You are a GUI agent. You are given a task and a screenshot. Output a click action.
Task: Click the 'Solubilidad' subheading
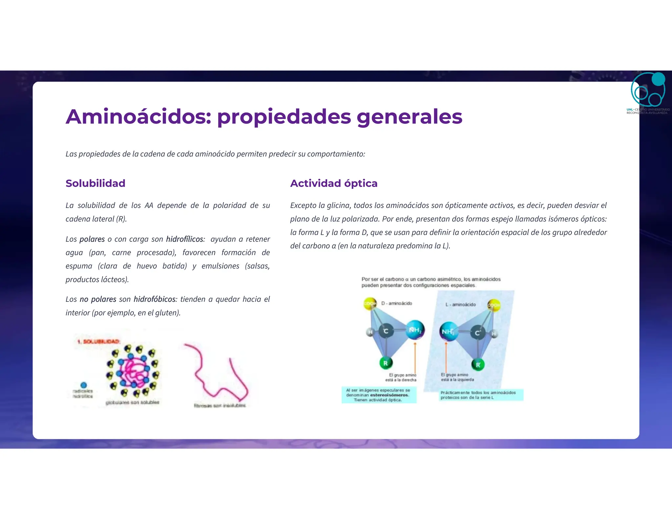click(95, 183)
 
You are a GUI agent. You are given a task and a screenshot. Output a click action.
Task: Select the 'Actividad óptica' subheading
click(334, 183)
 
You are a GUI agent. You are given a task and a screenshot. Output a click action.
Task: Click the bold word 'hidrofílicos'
click(185, 239)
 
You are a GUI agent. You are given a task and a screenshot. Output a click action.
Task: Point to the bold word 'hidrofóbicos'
click(155, 299)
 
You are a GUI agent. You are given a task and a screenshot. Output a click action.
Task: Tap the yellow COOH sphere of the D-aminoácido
click(370, 303)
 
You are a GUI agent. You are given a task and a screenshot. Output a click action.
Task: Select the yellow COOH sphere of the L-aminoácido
click(494, 305)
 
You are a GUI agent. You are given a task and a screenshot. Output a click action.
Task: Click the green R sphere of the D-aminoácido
click(386, 363)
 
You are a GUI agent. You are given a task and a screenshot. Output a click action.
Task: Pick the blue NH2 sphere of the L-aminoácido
click(448, 332)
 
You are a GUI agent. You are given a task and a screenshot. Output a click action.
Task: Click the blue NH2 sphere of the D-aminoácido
click(415, 330)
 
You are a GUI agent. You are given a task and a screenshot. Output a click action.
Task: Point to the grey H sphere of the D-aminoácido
click(370, 332)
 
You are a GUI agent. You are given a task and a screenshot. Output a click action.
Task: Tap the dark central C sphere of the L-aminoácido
click(477, 333)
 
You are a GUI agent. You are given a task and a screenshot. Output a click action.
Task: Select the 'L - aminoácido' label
click(460, 304)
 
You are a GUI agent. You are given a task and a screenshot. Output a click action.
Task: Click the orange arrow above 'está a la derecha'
click(415, 358)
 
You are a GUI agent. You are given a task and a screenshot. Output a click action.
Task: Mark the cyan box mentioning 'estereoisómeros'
click(379, 395)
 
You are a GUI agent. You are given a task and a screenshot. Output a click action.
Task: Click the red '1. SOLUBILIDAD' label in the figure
click(98, 342)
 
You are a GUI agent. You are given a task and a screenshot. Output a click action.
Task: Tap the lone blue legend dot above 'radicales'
click(84, 385)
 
